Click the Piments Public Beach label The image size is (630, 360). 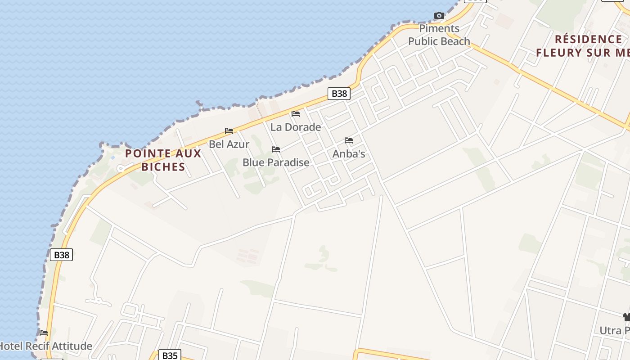point(439,35)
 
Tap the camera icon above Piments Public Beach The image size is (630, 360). point(439,16)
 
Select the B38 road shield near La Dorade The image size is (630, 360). point(339,93)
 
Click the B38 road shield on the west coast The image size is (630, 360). point(61,255)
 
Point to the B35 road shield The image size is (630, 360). point(170,355)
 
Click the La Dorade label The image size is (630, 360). point(296,127)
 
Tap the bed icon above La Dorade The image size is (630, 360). point(296,114)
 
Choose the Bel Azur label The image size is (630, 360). point(229,144)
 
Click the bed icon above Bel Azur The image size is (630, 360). point(229,131)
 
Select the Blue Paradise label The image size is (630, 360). point(276,162)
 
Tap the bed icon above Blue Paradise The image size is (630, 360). point(276,149)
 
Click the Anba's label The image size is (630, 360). point(349,154)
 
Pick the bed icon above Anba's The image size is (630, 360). point(349,140)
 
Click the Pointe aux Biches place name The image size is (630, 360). point(163,160)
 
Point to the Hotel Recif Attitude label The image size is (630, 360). point(46,346)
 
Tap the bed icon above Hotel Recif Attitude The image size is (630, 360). point(44,333)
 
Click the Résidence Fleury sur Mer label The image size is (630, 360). point(583,46)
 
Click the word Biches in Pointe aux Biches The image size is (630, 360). point(163,166)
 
